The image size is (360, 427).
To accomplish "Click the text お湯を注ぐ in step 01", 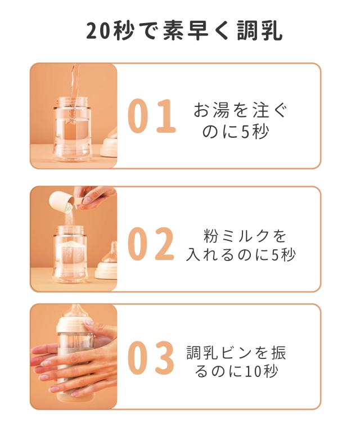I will pos(240,109).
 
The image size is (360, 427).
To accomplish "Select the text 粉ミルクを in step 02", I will pos(245,234).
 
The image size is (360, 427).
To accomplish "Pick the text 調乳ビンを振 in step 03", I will pos(236,353).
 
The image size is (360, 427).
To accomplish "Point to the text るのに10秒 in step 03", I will pos(236,372).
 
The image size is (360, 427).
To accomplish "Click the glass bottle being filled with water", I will pos(73,129).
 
